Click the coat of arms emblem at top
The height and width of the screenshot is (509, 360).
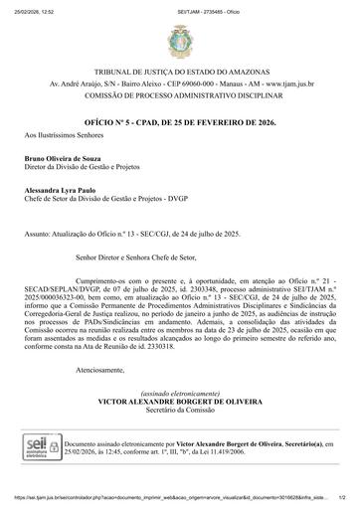point(180,42)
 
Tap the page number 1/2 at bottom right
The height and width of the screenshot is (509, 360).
point(341,502)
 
